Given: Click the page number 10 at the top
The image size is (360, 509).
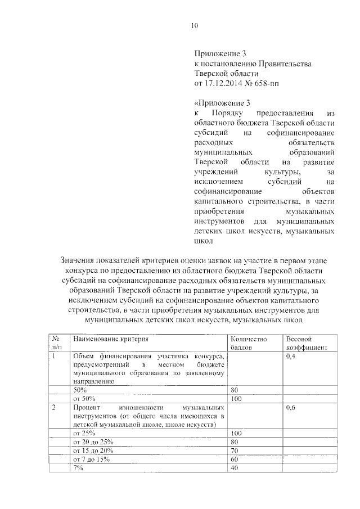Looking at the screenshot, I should (x=195, y=25).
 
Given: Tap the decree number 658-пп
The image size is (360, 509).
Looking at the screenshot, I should (x=265, y=84).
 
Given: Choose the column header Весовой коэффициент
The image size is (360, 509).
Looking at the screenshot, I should (x=306, y=343).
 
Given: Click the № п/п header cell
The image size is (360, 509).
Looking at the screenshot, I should (x=56, y=343).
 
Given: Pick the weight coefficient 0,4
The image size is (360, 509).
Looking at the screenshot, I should (x=291, y=357).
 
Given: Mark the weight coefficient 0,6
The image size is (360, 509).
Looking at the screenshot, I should (x=291, y=407).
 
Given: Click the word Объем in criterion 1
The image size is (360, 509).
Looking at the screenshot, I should (x=85, y=357).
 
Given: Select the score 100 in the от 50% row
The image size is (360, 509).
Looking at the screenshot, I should (x=236, y=398).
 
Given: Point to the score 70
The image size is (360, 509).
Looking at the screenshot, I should (x=235, y=451).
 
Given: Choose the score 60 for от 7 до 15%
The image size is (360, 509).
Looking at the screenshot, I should (x=235, y=460).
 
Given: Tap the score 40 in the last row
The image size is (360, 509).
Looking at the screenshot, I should (x=235, y=468).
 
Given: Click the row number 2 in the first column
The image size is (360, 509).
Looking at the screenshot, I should (x=55, y=407).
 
